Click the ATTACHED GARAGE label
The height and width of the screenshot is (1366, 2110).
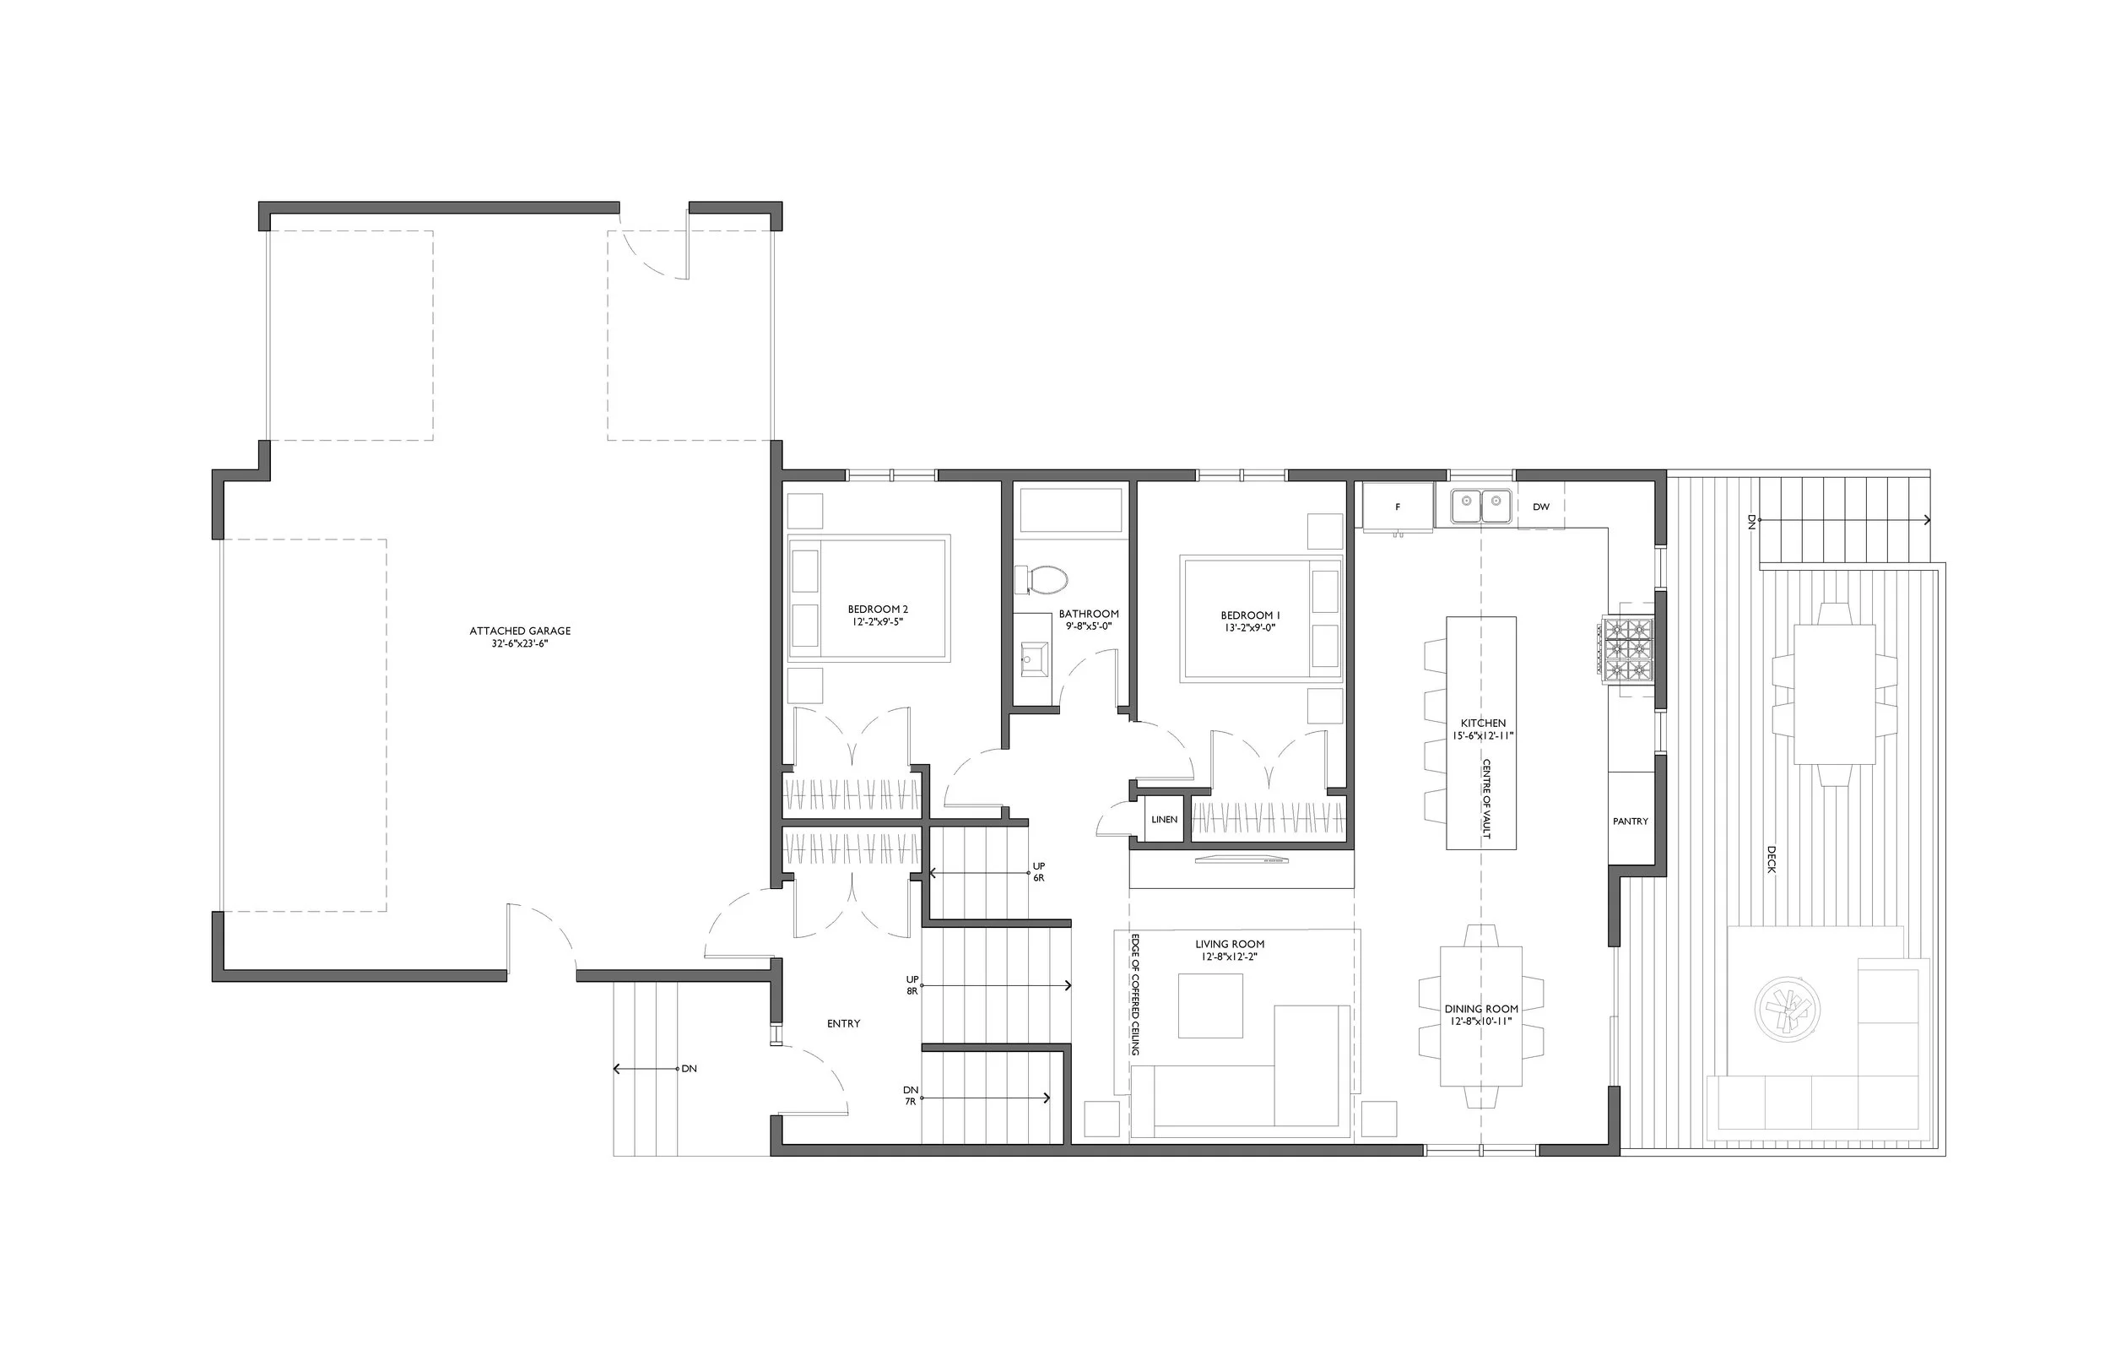[521, 631]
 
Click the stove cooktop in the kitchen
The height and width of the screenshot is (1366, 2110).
[1628, 650]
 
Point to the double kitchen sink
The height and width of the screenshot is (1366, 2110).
[1480, 507]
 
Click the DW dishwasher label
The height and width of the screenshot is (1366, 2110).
[1541, 507]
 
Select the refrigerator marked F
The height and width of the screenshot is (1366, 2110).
[1397, 507]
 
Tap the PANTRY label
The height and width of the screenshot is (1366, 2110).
[1631, 821]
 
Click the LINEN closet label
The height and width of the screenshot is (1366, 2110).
[1164, 820]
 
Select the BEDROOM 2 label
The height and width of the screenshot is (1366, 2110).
[878, 610]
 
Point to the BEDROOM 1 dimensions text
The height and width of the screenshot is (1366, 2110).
[1249, 628]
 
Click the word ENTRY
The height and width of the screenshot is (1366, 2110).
[843, 1023]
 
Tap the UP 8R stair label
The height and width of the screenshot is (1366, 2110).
[912, 985]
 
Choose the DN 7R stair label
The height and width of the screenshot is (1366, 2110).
[911, 1096]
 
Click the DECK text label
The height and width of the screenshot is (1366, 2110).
[1772, 859]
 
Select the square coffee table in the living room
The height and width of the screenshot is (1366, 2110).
[1210, 1006]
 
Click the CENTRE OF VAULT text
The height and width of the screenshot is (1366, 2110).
[1486, 799]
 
